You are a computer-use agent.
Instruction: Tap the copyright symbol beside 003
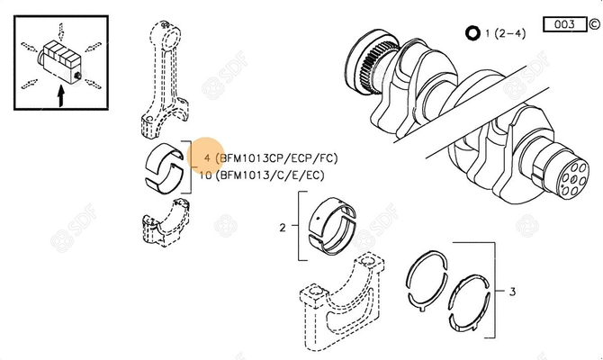(x=593, y=24)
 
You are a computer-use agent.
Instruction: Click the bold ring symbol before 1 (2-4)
(x=472, y=34)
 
